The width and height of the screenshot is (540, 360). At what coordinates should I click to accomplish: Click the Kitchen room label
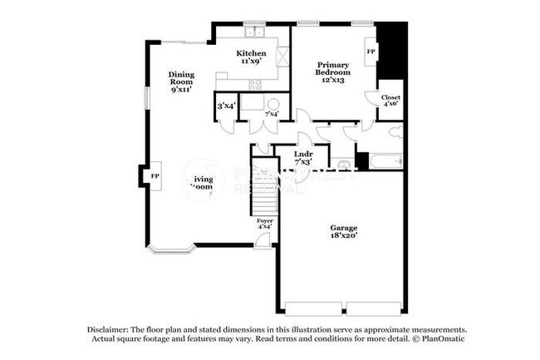(253, 57)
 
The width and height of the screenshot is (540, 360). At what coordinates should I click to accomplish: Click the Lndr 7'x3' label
(303, 157)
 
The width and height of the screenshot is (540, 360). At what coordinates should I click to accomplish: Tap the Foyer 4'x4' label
(264, 223)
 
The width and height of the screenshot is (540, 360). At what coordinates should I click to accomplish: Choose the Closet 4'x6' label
(390, 101)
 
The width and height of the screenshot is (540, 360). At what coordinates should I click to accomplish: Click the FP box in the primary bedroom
(371, 52)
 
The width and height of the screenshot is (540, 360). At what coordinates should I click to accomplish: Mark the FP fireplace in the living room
(154, 176)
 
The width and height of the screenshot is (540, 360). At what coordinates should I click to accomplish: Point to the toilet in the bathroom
(396, 131)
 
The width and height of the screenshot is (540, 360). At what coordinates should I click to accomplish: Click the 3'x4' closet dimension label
(226, 106)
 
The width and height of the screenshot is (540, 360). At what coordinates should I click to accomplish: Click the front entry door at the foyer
(263, 241)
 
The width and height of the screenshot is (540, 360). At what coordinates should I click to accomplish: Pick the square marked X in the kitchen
(282, 58)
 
